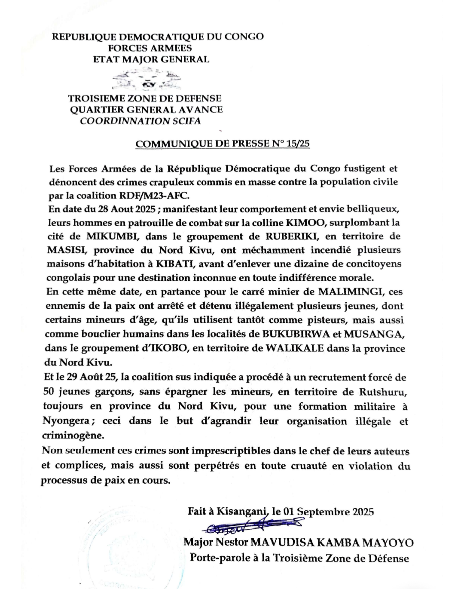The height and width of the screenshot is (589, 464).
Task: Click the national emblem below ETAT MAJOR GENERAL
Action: (146, 79)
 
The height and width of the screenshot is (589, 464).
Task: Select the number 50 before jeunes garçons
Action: (49, 392)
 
